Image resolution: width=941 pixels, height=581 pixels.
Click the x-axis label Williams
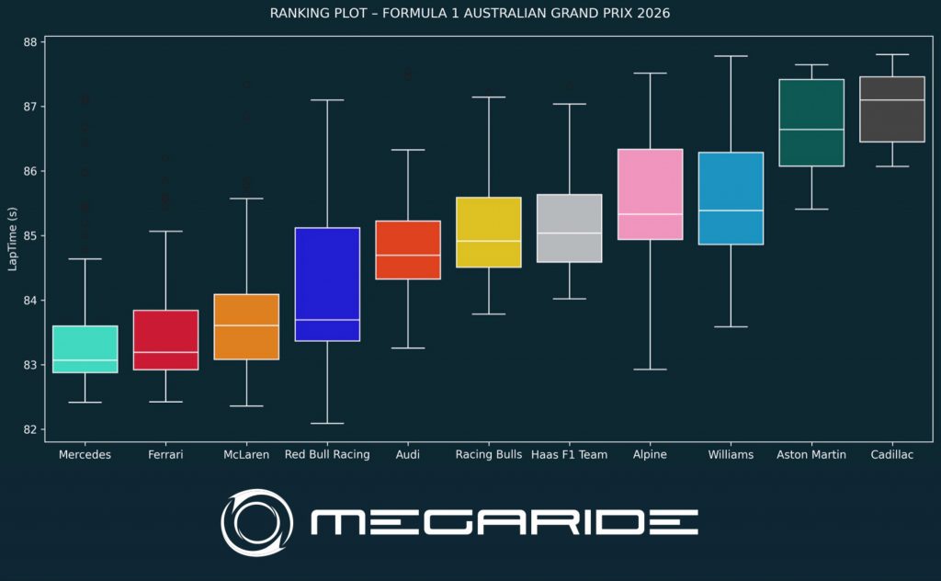731,454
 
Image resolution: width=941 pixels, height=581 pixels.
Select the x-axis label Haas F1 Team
569,454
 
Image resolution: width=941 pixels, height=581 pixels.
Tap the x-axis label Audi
408,454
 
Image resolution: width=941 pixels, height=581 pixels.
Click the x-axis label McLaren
246,454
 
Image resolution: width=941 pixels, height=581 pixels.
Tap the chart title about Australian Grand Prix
470,14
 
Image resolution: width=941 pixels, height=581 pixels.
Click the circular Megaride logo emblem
256,522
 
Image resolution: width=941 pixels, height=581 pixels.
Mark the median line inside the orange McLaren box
246,325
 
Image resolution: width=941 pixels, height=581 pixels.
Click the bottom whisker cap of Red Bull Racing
327,423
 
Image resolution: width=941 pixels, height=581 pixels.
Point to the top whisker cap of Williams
731,56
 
